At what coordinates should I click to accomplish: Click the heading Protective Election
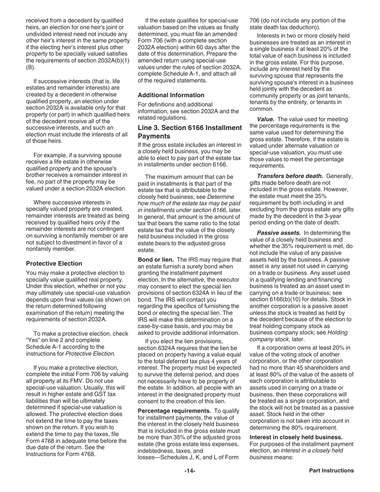click(54, 264)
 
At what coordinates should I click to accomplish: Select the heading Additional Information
click(171, 95)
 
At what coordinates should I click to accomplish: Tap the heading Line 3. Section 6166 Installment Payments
click(190, 132)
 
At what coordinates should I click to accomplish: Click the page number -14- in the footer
click(190, 471)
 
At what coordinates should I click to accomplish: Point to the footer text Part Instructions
click(331, 471)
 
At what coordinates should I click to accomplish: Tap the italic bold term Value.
click(265, 119)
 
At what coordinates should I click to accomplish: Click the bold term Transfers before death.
click(290, 176)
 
